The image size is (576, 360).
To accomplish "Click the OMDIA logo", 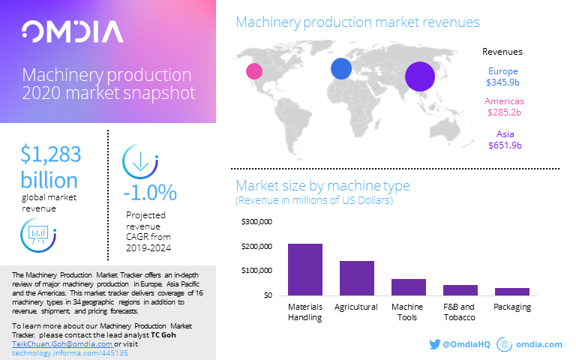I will coord(73,31).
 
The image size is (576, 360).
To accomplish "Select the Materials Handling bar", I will coord(304,269).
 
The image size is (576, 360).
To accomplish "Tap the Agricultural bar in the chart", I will coord(357,277).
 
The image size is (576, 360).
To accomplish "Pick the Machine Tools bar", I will coord(408,286).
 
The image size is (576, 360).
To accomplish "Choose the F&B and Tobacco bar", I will coord(460,289).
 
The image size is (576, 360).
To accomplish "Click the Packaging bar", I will coord(512,291).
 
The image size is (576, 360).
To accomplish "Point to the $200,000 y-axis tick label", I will coord(256,246).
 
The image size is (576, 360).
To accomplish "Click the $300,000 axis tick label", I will coord(256,222).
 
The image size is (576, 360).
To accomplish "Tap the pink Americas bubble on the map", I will coord(254,71).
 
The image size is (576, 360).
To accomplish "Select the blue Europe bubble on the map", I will coord(341,68).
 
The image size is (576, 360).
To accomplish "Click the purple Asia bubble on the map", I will coord(420,76).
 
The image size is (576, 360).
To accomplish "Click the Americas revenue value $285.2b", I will coord(502,112).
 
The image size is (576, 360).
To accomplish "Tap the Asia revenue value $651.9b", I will coord(502,145).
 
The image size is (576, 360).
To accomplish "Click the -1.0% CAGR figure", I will coord(150,192).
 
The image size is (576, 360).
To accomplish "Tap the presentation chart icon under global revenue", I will coord(36,235).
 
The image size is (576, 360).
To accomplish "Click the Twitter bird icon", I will coord(434,344).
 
